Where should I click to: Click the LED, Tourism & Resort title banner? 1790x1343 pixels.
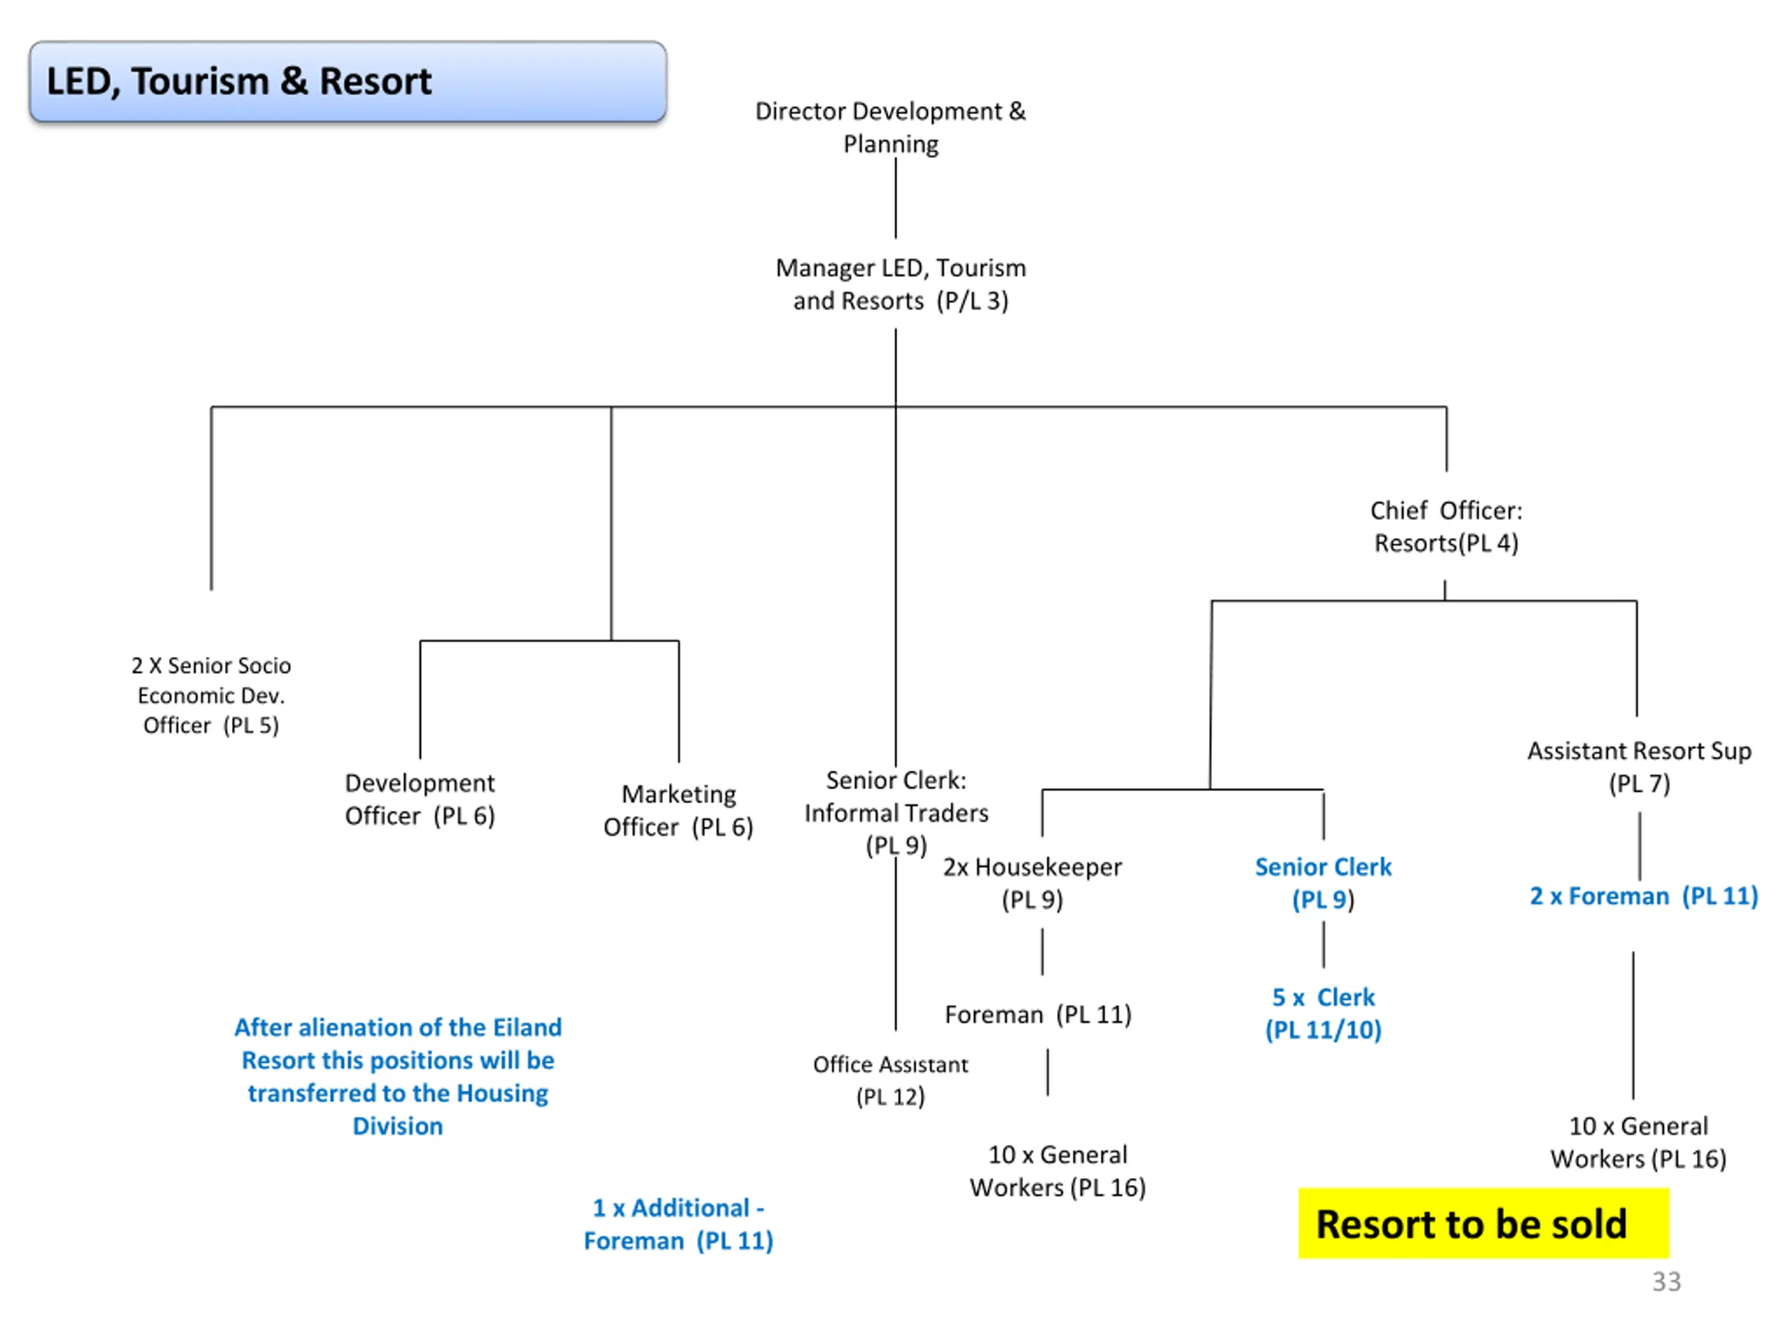pos(348,82)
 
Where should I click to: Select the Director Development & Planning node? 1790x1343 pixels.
pos(890,127)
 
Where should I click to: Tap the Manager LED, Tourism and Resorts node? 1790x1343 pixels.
pos(900,284)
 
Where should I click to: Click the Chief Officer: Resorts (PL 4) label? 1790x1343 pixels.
pos(1446,526)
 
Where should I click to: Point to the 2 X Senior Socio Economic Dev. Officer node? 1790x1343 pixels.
pos(211,695)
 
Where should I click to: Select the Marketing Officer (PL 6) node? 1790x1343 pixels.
pos(678,810)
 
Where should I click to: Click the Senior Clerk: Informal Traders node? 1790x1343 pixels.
pos(896,812)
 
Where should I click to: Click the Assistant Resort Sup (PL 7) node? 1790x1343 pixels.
pos(1639,767)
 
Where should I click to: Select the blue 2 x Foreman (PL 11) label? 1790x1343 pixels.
pos(1644,896)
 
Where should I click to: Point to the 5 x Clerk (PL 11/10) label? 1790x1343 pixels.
pos(1323,1013)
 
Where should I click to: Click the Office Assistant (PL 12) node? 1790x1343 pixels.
pos(890,1080)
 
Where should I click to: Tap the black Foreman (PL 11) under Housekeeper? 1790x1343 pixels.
pos(1038,1014)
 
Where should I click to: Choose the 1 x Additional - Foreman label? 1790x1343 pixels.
pos(678,1224)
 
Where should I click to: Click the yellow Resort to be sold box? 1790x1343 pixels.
pos(1483,1223)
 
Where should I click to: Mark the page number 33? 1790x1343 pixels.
pos(1666,1281)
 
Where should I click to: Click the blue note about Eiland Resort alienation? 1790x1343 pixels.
pos(397,1076)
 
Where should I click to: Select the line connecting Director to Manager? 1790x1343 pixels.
pos(896,199)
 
